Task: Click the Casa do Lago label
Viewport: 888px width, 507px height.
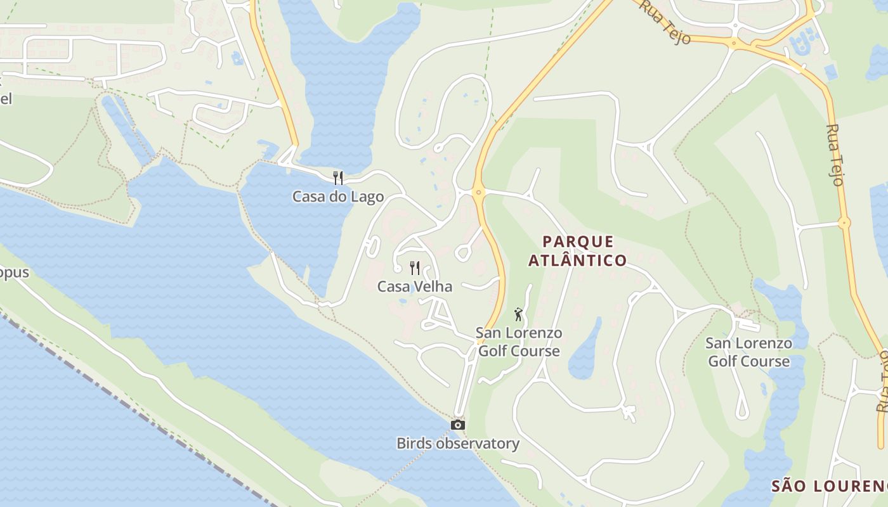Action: tap(338, 196)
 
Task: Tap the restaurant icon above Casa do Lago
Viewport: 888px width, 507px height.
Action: tap(338, 177)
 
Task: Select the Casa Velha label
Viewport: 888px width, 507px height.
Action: tap(415, 286)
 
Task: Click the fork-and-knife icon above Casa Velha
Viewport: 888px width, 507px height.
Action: tap(415, 267)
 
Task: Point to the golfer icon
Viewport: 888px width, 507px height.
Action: tap(518, 314)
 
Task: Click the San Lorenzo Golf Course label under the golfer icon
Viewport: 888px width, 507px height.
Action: tap(519, 342)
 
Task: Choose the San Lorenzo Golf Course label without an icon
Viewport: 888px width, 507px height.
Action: tap(748, 352)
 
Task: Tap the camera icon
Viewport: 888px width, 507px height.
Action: tap(457, 425)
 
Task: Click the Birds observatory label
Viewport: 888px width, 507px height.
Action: tap(458, 444)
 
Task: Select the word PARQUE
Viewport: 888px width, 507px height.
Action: tap(578, 241)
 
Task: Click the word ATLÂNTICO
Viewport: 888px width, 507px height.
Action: tap(577, 260)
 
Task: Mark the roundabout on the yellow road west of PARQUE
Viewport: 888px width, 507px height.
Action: tap(478, 191)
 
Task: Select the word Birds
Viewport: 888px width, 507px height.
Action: tap(413, 444)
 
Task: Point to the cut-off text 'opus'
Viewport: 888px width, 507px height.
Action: tap(14, 273)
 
